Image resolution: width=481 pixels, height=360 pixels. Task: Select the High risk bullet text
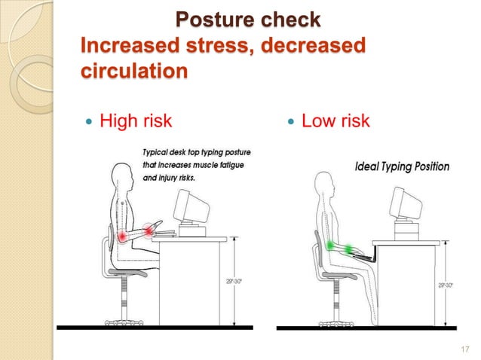pyautogui.click(x=136, y=120)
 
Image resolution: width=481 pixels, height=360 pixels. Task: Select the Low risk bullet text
pyautogui.click(x=335, y=120)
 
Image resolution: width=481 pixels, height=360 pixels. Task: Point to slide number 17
pyautogui.click(x=464, y=347)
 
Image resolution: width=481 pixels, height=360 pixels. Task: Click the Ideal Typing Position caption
pyautogui.click(x=402, y=166)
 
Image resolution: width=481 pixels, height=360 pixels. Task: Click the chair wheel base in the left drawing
pyautogui.click(x=124, y=322)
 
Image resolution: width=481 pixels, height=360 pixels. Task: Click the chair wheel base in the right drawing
pyautogui.click(x=326, y=324)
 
